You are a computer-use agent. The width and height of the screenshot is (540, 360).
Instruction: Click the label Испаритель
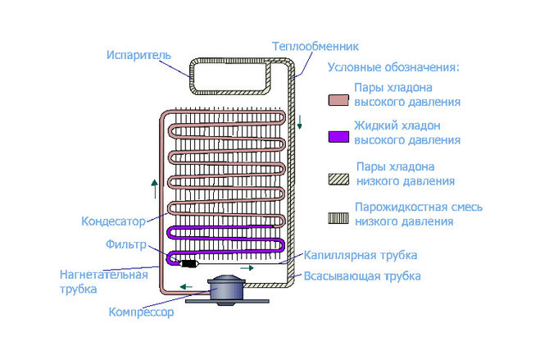pyautogui.click(x=138, y=55)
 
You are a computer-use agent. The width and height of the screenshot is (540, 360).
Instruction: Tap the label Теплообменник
pyautogui.click(x=315, y=46)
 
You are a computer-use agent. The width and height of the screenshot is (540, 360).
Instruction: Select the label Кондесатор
pyautogui.click(x=113, y=221)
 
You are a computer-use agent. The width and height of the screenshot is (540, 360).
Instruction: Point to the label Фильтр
pyautogui.click(x=126, y=244)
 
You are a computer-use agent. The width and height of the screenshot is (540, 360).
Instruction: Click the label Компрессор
pyautogui.click(x=141, y=312)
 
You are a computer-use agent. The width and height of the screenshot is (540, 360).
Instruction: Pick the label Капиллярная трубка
pyautogui.click(x=361, y=255)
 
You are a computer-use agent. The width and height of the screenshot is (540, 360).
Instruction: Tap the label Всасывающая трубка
pyautogui.click(x=362, y=276)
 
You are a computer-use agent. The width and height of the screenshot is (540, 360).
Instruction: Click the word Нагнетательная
pyautogui.click(x=104, y=275)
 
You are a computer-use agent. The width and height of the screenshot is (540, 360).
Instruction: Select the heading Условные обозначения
pyautogui.click(x=393, y=67)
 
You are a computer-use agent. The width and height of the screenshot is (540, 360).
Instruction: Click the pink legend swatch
pyautogui.click(x=338, y=100)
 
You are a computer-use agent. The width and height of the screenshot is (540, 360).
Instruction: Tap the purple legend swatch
pyautogui.click(x=338, y=137)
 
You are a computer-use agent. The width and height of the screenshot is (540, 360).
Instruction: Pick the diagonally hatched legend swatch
pyautogui.click(x=338, y=180)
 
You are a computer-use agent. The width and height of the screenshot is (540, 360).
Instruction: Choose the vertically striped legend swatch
pyautogui.click(x=338, y=218)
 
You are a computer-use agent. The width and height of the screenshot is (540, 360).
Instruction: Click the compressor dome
pyautogui.click(x=226, y=289)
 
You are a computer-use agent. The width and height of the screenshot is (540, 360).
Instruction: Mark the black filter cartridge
pyautogui.click(x=188, y=264)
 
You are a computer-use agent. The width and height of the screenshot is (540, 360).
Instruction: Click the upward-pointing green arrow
pyautogui.click(x=155, y=189)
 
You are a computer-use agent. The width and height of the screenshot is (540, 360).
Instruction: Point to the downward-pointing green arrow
pyautogui.click(x=299, y=122)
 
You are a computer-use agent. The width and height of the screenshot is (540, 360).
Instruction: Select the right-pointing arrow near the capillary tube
pyautogui.click(x=247, y=267)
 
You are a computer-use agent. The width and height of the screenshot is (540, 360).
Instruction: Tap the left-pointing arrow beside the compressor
pyautogui.click(x=186, y=286)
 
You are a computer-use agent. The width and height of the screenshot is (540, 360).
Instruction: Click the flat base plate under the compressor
pyautogui.click(x=227, y=302)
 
